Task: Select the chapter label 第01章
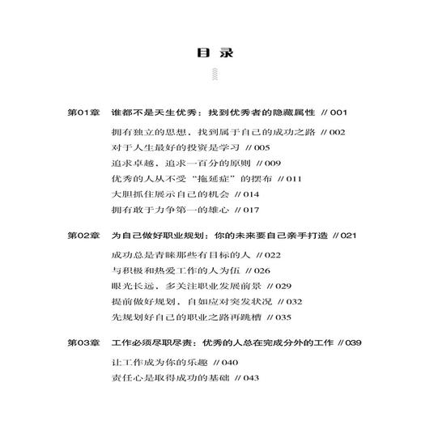tap(83, 113)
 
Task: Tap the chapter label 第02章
tap(83, 235)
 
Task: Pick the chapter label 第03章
tap(83, 342)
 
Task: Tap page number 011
tap(288, 178)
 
